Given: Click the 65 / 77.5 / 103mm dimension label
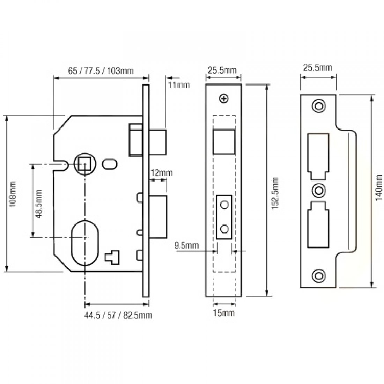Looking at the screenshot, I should pos(101,71).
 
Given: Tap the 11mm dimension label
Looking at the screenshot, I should pos(179,85).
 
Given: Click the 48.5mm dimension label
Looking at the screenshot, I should pos(39,204).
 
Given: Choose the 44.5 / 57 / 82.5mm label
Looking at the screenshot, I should pos(118,315).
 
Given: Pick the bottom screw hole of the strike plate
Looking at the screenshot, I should pos(318,275).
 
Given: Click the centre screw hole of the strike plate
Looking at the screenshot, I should pos(318,190).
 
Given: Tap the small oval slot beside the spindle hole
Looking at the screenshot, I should pos(109,164).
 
